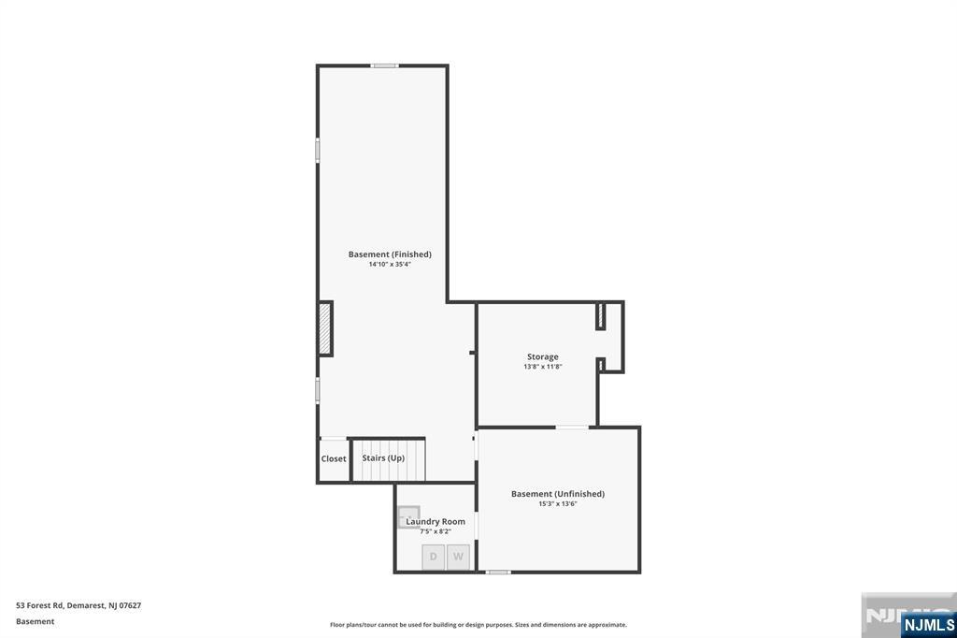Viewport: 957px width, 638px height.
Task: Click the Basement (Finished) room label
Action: pyautogui.click(x=390, y=254)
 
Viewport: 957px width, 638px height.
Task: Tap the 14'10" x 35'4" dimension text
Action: pyautogui.click(x=390, y=265)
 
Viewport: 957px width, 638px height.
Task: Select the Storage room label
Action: pyautogui.click(x=543, y=356)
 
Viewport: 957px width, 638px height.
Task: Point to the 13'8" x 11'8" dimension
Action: pyautogui.click(x=543, y=367)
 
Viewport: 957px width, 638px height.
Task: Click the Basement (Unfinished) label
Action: pyautogui.click(x=558, y=494)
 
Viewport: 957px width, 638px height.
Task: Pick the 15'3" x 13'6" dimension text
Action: pyautogui.click(x=558, y=504)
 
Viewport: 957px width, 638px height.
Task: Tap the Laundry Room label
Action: pyautogui.click(x=436, y=521)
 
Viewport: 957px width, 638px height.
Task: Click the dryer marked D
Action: pyautogui.click(x=434, y=557)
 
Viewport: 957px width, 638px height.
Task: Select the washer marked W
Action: pyautogui.click(x=458, y=557)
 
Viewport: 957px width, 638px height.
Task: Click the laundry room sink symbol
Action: pyautogui.click(x=408, y=516)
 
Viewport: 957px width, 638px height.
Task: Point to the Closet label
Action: pyautogui.click(x=334, y=459)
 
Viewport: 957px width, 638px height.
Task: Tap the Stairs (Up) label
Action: pyautogui.click(x=383, y=457)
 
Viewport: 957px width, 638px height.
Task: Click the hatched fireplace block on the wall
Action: pyautogui.click(x=324, y=328)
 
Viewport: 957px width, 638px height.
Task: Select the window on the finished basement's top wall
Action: pyautogui.click(x=384, y=65)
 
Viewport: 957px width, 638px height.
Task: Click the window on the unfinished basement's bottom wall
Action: pyautogui.click(x=498, y=572)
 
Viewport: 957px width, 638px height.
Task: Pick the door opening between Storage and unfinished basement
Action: pyautogui.click(x=572, y=427)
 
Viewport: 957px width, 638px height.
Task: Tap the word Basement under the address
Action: pyautogui.click(x=35, y=621)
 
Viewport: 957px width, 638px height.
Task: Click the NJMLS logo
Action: pyautogui.click(x=928, y=625)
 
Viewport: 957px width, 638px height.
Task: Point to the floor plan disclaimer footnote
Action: pyautogui.click(x=478, y=625)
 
